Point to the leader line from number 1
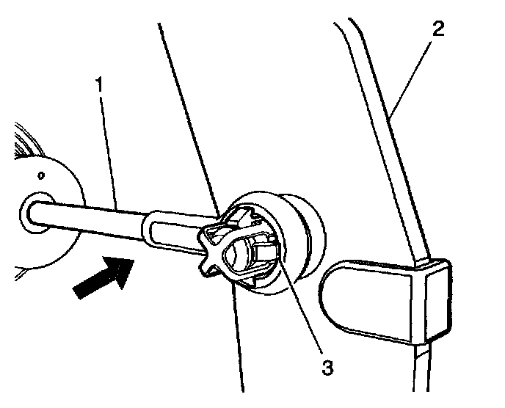coord(109,147)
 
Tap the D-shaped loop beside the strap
coord(360,294)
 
